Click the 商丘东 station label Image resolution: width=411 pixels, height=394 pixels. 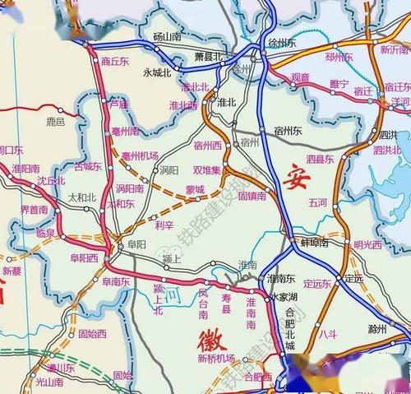coord(117,61)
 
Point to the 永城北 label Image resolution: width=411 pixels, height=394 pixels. coord(157,72)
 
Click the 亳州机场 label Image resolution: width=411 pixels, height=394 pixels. coord(139,155)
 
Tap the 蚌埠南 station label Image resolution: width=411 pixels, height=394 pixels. coord(312,243)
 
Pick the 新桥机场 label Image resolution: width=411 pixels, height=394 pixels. coord(215,359)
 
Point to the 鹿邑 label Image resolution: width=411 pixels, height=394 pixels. coord(55,122)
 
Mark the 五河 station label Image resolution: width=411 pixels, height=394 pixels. coord(317,202)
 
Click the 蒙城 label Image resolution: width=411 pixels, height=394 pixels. coord(195,188)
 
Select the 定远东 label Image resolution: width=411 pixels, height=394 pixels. coord(316,284)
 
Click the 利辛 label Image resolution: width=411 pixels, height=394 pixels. coord(164,225)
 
